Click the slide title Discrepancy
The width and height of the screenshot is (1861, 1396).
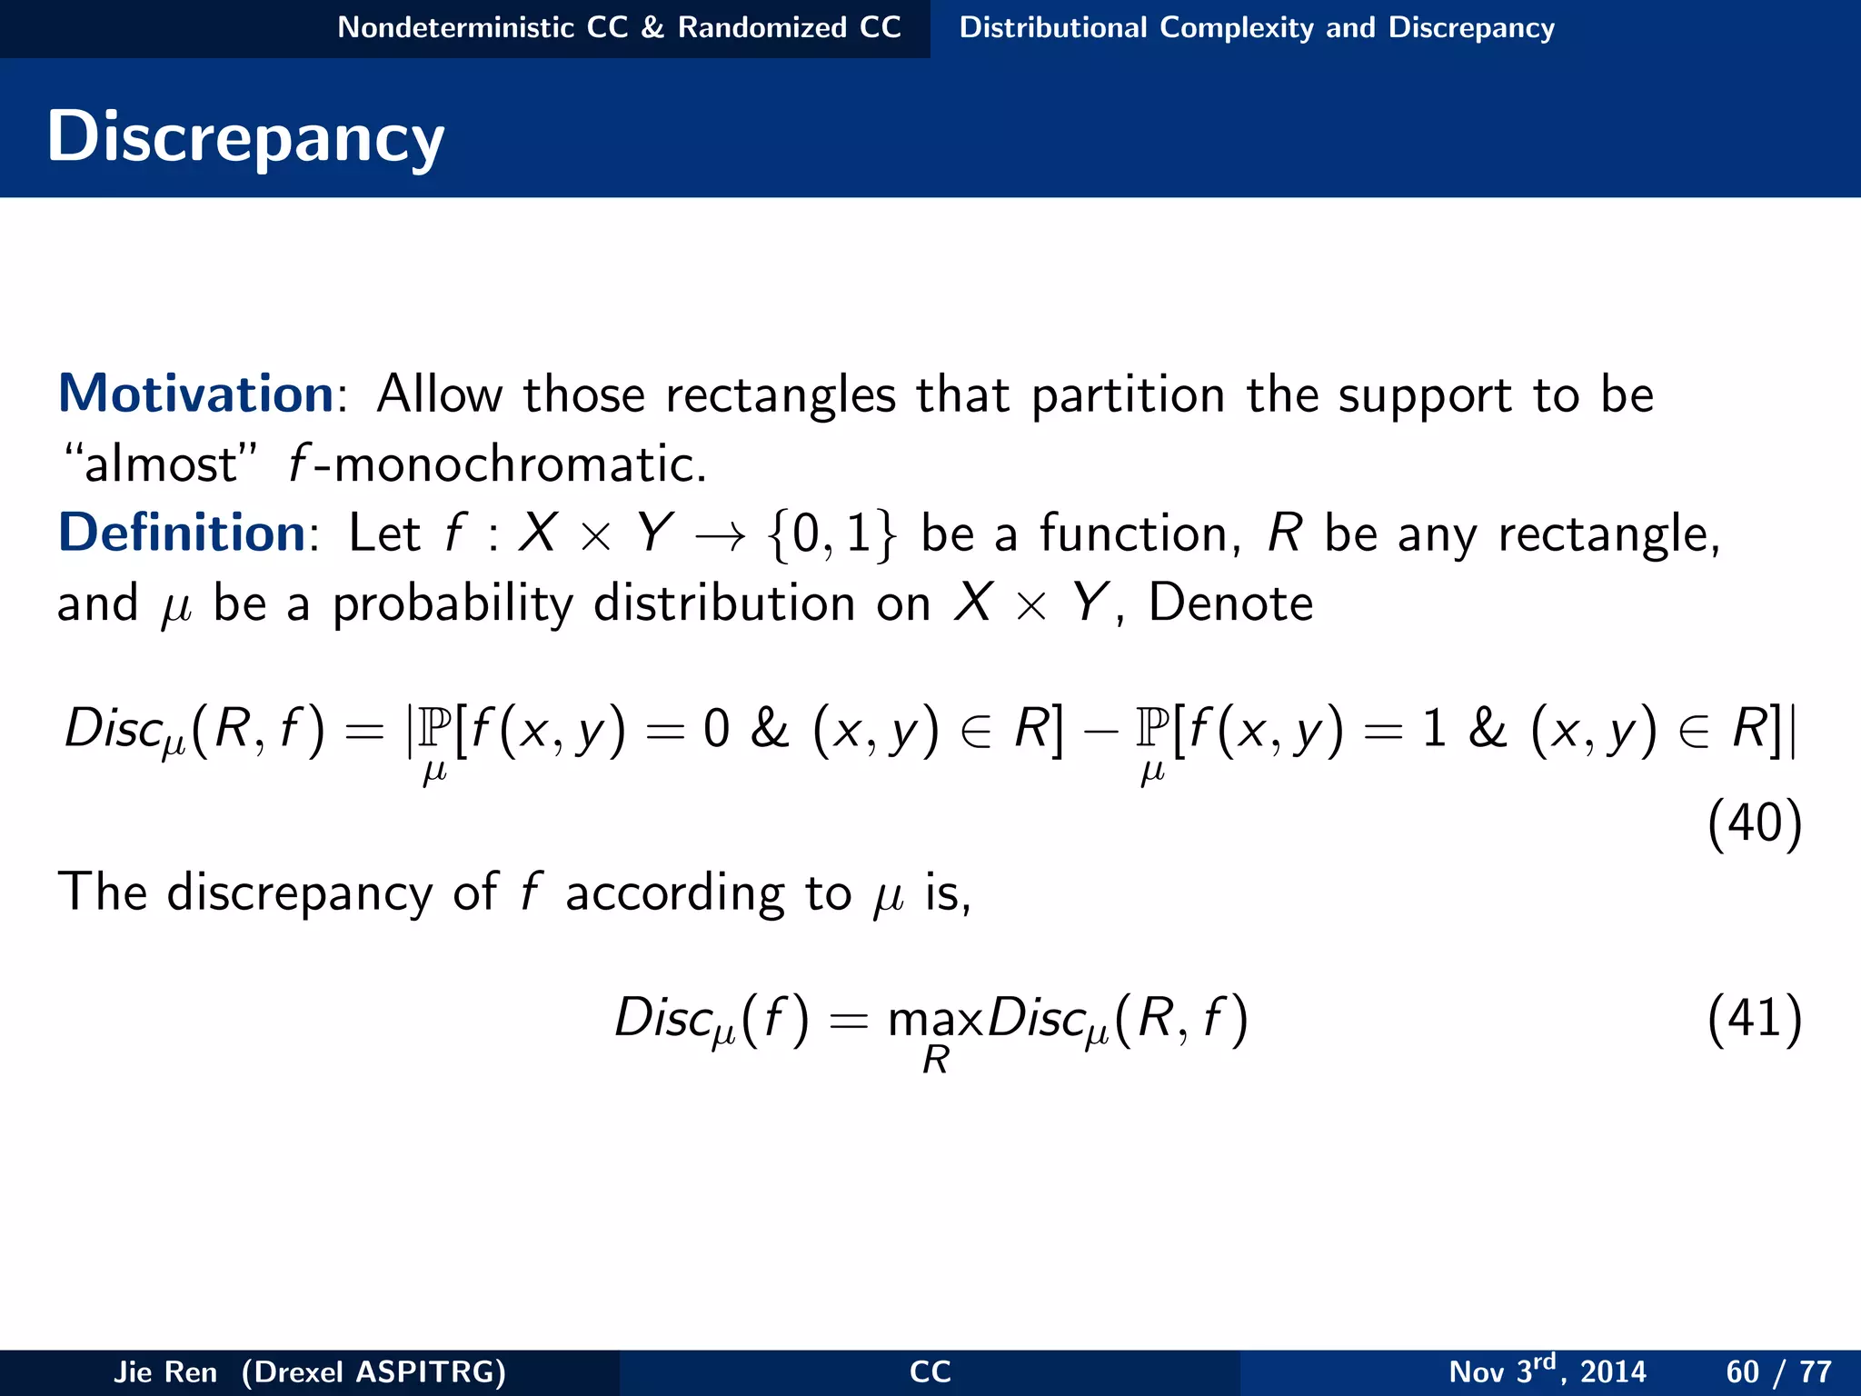point(245,136)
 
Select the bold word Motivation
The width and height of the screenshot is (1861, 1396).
point(196,394)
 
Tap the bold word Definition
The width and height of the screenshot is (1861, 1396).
point(182,533)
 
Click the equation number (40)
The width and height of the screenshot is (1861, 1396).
point(1754,823)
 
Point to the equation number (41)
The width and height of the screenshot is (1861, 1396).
point(1754,1018)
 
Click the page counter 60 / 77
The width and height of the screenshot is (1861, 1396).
point(1778,1371)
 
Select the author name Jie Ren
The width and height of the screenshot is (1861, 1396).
point(165,1371)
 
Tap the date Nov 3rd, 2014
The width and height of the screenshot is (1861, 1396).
point(1547,1371)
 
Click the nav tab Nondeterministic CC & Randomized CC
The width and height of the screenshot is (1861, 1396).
point(619,27)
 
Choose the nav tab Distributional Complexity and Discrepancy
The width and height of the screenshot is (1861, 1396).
point(1257,27)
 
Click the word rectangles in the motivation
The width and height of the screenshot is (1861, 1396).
point(781,396)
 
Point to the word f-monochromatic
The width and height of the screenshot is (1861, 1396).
point(496,464)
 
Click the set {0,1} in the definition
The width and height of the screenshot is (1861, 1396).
point(831,534)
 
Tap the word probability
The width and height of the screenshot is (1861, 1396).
point(453,604)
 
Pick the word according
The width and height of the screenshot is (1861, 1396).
point(674,893)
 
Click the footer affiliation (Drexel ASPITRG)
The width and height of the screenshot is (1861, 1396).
point(373,1371)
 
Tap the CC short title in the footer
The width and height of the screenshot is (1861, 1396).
point(930,1371)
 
